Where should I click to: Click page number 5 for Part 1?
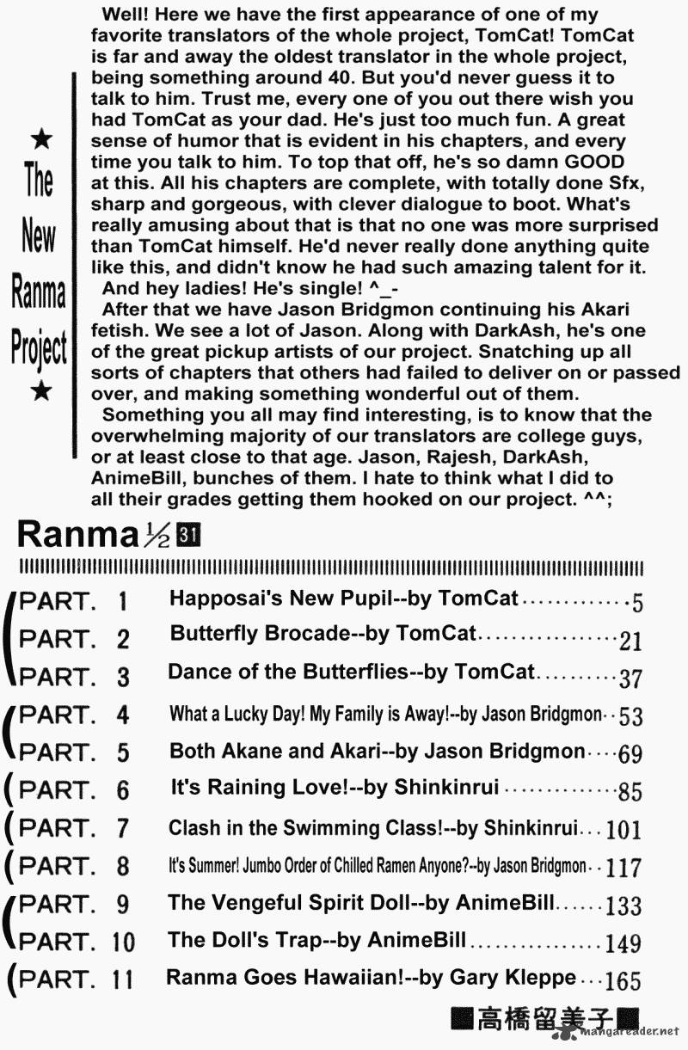[637, 602]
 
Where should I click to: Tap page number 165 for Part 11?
[623, 981]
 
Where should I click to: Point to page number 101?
[623, 830]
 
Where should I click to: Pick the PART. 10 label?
[77, 941]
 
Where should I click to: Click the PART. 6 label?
[73, 790]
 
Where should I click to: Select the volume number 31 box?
[187, 535]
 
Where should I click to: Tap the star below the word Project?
[40, 392]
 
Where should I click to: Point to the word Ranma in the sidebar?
[39, 293]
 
